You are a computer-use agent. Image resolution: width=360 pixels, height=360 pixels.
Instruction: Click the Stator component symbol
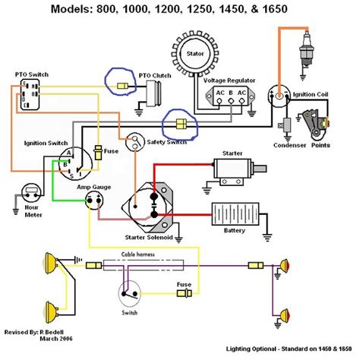click(x=192, y=54)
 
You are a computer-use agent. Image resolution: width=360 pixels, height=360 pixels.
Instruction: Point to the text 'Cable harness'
click(x=141, y=257)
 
